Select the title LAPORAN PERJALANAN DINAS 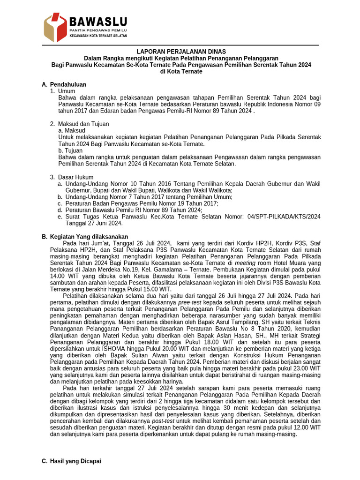(181, 51)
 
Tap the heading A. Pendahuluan (64, 84)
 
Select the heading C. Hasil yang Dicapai (71, 461)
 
